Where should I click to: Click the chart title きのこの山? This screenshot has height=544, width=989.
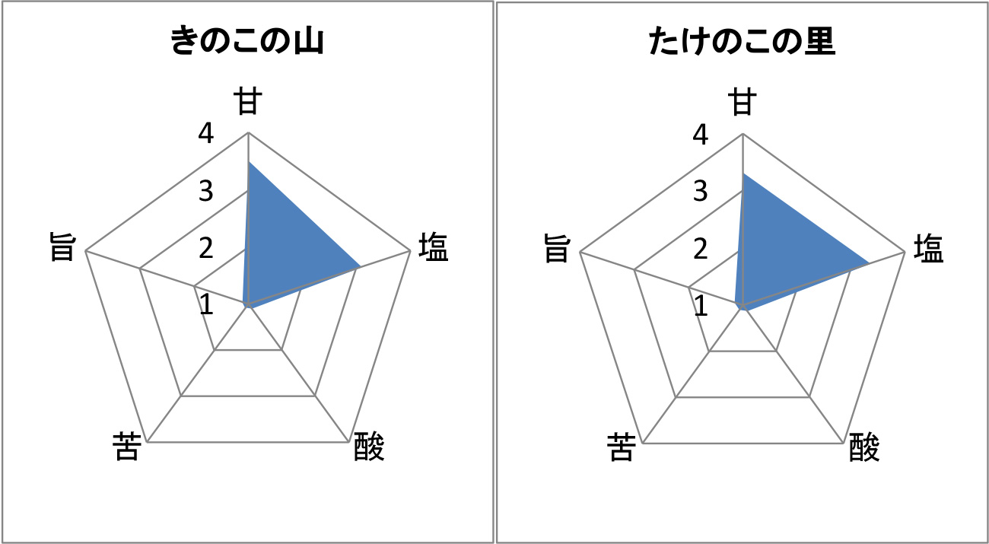point(247,40)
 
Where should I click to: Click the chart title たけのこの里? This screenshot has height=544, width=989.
point(743,40)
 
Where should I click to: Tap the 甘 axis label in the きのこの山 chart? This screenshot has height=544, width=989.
point(248,101)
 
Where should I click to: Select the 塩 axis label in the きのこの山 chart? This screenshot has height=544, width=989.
point(433,247)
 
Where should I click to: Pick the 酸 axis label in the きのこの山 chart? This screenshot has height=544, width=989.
point(369,447)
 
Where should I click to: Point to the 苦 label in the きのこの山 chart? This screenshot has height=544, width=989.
point(127,447)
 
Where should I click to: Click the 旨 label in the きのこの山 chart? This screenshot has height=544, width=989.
point(62,247)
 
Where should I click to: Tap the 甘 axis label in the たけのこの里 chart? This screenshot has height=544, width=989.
point(743,101)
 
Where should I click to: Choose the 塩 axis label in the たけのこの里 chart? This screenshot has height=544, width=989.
point(928,249)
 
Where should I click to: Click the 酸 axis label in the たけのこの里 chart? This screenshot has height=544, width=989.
point(864,447)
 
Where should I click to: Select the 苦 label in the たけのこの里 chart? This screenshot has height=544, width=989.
point(622,447)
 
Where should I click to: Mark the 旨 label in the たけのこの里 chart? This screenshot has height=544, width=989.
point(557,248)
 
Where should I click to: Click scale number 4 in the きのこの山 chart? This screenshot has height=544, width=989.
point(205,133)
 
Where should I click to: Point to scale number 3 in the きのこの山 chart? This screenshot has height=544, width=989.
point(205,191)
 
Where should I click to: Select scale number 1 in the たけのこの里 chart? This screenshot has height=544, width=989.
point(701,306)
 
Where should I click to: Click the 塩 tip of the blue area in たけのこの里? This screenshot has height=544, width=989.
point(869,263)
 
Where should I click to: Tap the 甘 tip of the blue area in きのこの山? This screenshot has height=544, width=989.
point(249,162)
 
